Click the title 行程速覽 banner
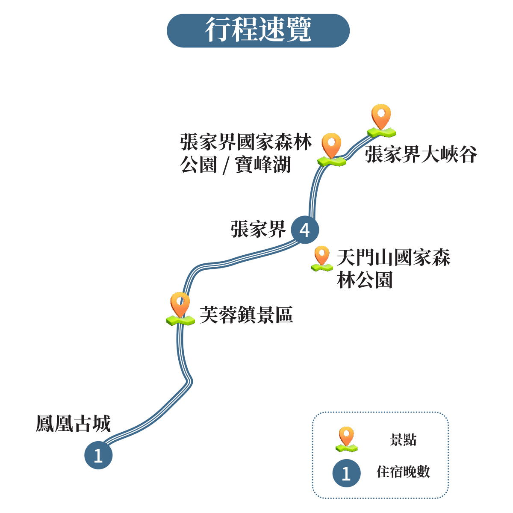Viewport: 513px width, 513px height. click(x=258, y=30)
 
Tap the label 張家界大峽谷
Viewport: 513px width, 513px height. click(x=421, y=154)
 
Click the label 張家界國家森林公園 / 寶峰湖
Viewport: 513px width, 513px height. click(x=246, y=153)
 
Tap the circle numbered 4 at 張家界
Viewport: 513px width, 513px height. click(x=305, y=230)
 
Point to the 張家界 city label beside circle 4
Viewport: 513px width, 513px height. click(x=258, y=229)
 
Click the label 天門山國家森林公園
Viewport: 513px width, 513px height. click(x=393, y=269)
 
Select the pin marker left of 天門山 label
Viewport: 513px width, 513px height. click(x=321, y=259)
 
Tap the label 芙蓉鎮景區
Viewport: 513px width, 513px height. click(x=246, y=315)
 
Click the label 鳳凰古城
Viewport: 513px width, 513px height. click(x=73, y=424)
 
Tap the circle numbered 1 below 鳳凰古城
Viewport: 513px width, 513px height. click(x=98, y=455)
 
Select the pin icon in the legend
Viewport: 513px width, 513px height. click(x=346, y=439)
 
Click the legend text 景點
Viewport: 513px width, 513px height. click(x=403, y=440)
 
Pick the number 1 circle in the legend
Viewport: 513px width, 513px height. click(x=346, y=473)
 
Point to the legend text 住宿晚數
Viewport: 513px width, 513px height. click(x=403, y=472)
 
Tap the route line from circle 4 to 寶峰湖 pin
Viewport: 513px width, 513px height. click(x=313, y=192)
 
